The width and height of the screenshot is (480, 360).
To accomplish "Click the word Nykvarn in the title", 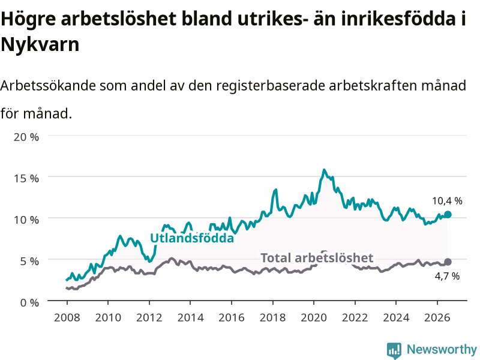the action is click(40, 44).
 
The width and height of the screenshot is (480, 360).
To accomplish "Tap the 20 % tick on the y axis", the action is click(26, 137).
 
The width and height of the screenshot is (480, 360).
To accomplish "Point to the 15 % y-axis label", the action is click(26, 178).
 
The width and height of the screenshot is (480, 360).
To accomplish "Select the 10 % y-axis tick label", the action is click(26, 220).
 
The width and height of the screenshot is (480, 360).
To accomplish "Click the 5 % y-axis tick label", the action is click(29, 261).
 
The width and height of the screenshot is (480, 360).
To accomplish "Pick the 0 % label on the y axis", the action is click(29, 303).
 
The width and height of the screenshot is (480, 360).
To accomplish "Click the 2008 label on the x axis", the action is click(67, 317).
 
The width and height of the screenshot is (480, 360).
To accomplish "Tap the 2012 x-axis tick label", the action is click(149, 317).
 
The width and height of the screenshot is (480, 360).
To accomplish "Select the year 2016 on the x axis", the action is click(232, 317).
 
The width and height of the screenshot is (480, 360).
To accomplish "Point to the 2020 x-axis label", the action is click(314, 317).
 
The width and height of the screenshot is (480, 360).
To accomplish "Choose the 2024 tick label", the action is click(396, 317).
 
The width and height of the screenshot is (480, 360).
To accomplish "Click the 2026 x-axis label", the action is click(437, 317).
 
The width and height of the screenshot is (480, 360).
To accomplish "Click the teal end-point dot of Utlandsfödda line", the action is click(448, 214).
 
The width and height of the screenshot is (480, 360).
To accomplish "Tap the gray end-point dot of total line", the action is click(448, 262).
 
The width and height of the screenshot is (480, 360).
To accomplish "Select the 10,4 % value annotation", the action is click(447, 201).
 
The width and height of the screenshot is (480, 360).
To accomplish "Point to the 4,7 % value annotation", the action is click(447, 276).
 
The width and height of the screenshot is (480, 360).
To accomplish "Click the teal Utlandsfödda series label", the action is click(192, 238).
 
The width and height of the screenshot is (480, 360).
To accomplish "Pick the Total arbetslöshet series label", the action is click(317, 258).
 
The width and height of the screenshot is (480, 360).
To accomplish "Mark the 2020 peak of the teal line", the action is click(324, 170).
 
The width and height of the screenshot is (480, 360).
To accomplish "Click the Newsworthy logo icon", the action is click(394, 350).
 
